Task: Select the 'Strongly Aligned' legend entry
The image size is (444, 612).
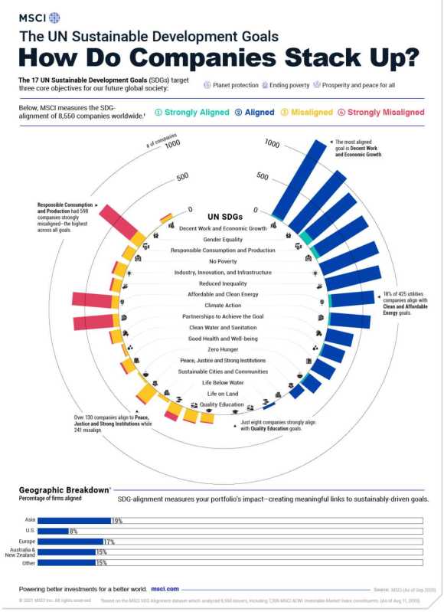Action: pos(192,113)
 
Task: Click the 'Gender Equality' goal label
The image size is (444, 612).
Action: pos(222,239)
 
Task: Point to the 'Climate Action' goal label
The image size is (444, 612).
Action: pos(222,305)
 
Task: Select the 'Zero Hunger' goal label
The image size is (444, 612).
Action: pos(222,349)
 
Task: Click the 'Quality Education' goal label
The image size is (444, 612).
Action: pos(222,404)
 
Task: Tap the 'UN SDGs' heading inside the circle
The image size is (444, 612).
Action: pos(222,217)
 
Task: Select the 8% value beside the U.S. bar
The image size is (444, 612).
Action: pos(73,531)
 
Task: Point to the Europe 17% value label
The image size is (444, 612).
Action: pos(109,542)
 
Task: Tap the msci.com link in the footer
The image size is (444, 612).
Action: pos(165,589)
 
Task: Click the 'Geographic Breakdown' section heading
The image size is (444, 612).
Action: pos(64,489)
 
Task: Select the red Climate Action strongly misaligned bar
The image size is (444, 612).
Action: pos(93,322)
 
